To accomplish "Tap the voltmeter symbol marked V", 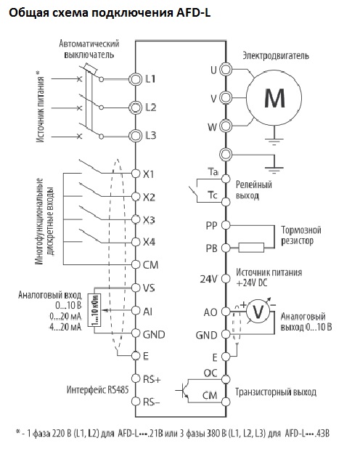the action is point(258,311).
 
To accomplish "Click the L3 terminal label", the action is point(150,135).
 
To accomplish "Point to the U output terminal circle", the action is point(226,70).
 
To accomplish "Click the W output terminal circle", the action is point(226,126).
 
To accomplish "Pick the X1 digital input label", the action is point(149,174).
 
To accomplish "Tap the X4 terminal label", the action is point(149,242).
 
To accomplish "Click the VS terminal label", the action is point(149,288).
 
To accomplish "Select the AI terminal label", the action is point(147,312).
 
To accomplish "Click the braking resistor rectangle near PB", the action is point(251,248).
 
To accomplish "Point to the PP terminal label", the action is point(211,226).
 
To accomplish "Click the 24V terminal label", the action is point(208,279).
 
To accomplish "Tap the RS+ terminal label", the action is point(152,379).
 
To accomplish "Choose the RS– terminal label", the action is point(152,402).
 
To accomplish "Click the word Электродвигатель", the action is point(276,55).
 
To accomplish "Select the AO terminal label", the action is point(210,312).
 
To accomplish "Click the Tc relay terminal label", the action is point(213,195).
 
